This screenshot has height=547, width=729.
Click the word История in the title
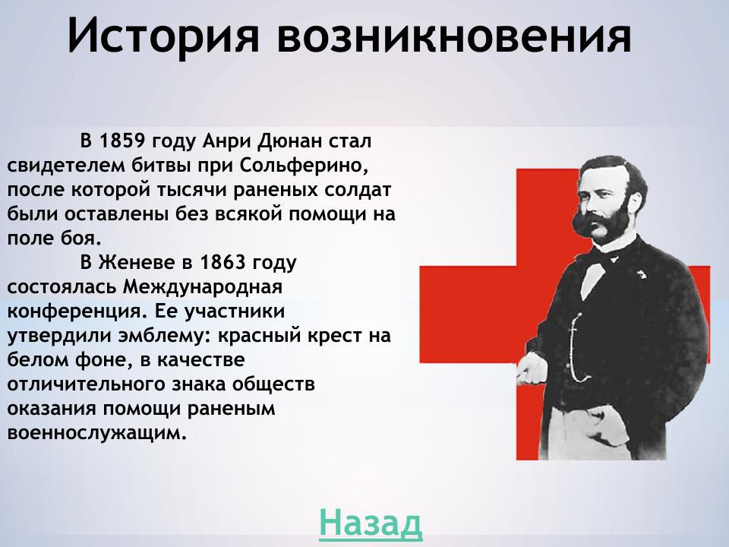click(163, 36)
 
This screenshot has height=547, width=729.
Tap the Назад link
click(370, 522)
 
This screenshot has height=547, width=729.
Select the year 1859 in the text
click(123, 141)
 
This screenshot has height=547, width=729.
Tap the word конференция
click(74, 312)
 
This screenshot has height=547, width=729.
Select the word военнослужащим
click(96, 434)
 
